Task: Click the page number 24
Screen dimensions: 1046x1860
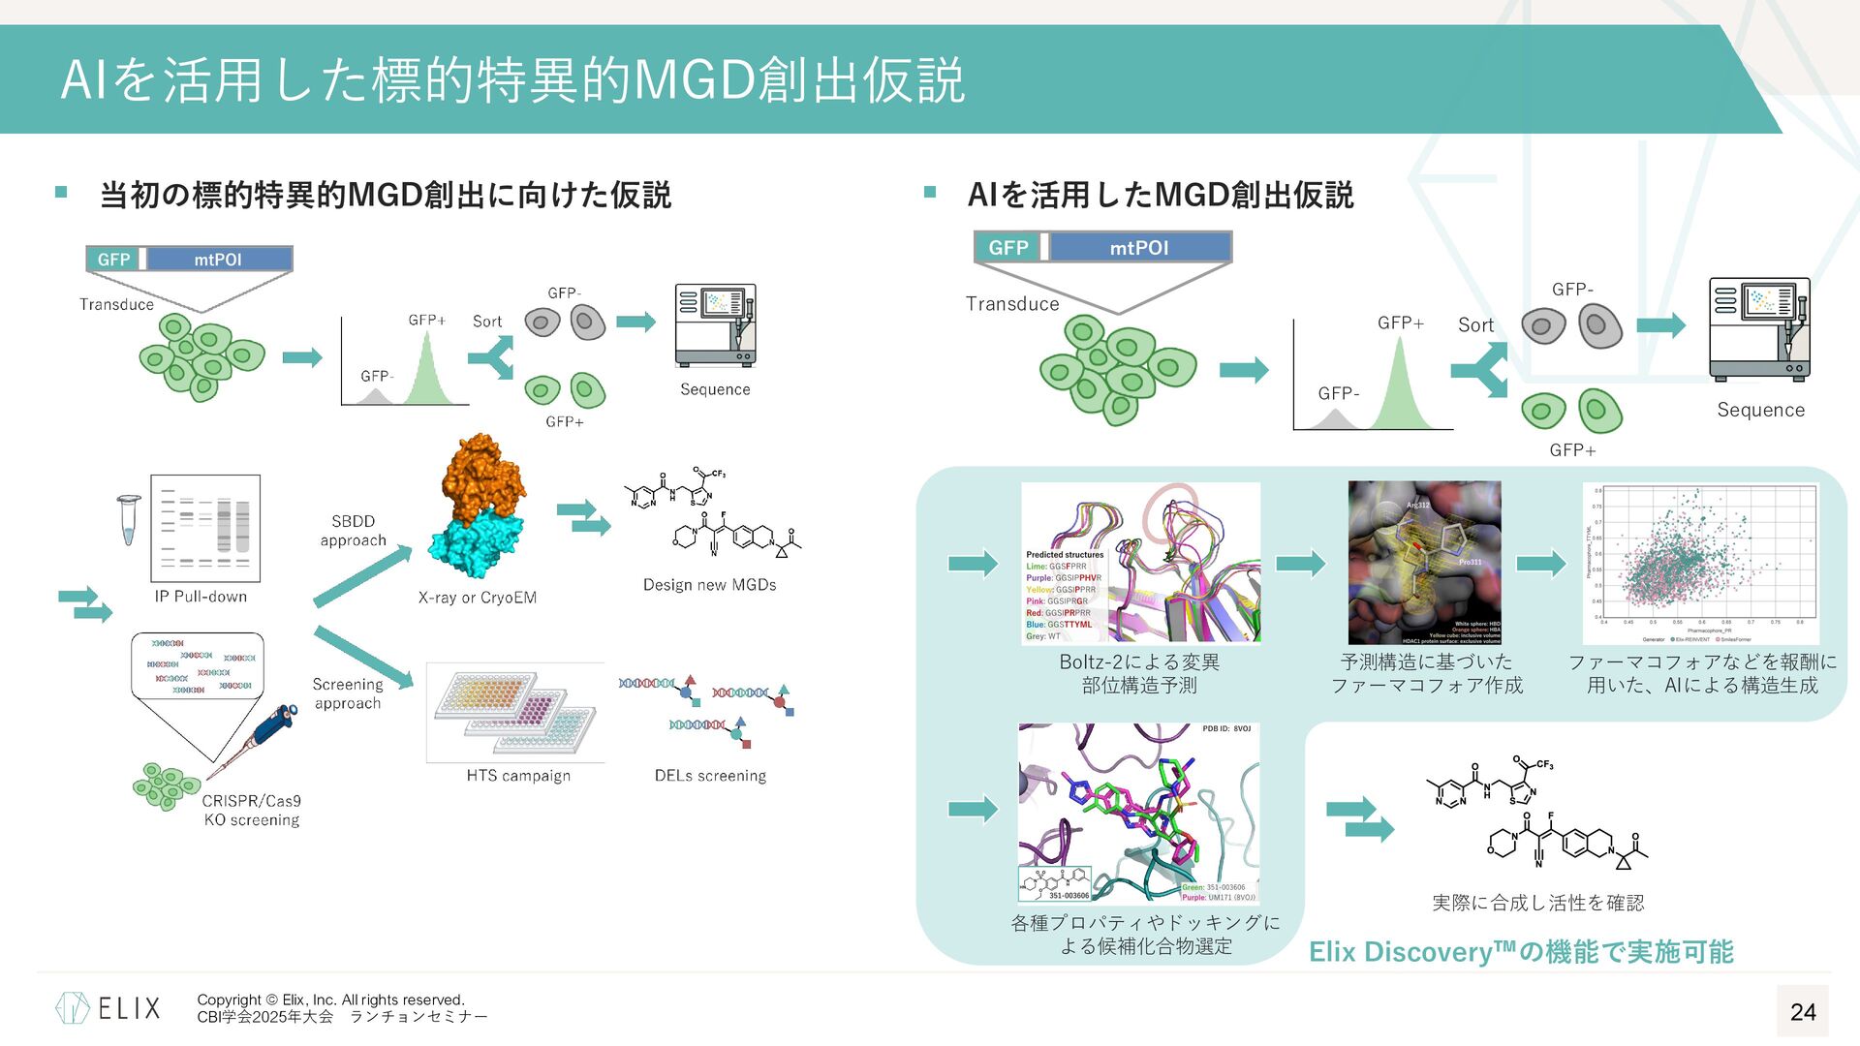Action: click(x=1802, y=1012)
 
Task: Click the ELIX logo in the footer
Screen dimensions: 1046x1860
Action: click(x=108, y=1008)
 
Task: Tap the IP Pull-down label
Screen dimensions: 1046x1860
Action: click(x=201, y=597)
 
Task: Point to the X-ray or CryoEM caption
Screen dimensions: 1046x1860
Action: click(x=477, y=598)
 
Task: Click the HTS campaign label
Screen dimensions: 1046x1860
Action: click(x=518, y=776)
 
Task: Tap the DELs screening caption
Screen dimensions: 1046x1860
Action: click(x=710, y=776)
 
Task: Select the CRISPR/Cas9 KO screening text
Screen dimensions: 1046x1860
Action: click(x=252, y=811)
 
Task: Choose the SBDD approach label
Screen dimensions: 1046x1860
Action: click(x=353, y=531)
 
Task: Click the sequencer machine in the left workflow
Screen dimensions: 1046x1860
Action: click(x=715, y=325)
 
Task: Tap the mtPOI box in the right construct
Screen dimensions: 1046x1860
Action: click(x=1139, y=248)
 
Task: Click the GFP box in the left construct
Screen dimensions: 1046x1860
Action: click(x=113, y=260)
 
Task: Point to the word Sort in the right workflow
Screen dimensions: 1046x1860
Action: click(x=1475, y=325)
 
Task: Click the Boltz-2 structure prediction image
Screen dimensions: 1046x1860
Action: click(x=1140, y=563)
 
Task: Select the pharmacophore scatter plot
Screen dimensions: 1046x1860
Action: click(x=1700, y=564)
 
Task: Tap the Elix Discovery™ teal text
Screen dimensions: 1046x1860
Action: click(x=1521, y=952)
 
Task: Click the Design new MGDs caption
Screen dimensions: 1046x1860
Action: click(x=709, y=585)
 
